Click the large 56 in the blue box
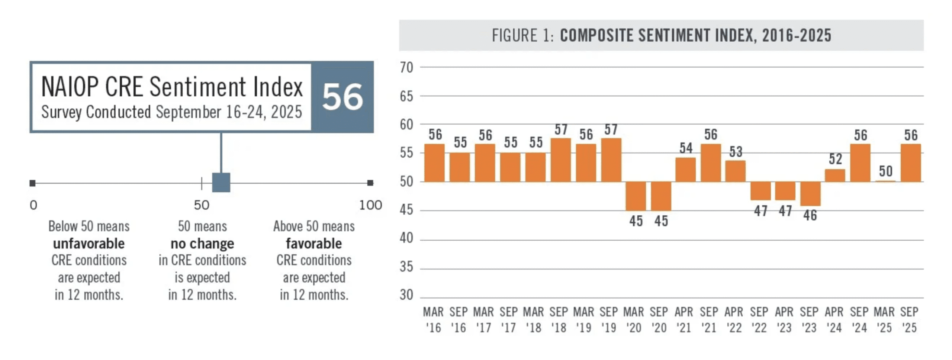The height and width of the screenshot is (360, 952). click(342, 97)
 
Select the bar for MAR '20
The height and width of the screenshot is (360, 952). click(635, 196)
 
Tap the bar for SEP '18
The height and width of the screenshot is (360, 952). click(560, 160)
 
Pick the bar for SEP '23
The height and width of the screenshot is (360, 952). click(810, 193)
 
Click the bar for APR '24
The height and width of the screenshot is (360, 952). click(834, 176)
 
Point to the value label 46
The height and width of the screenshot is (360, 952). click(810, 215)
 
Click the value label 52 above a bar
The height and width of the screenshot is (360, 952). click(835, 159)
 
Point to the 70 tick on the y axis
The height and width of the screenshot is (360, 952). click(406, 68)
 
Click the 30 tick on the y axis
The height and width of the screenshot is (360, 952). click(406, 295)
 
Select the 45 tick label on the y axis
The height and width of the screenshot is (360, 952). click(406, 210)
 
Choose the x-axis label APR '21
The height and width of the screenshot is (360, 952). click(684, 319)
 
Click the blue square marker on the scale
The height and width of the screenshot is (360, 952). click(221, 182)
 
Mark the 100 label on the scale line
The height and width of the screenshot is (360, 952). click(370, 205)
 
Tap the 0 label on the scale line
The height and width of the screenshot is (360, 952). click(33, 205)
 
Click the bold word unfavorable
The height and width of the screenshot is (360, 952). click(89, 244)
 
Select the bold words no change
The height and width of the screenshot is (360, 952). click(202, 244)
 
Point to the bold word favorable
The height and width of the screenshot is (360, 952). click(313, 244)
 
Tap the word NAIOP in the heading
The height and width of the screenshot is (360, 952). click(70, 87)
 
